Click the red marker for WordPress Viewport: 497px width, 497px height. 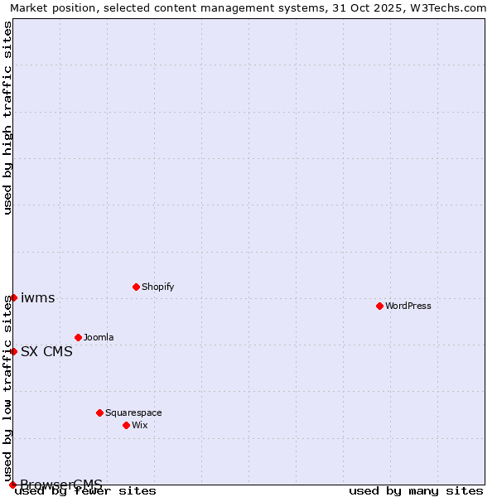(x=379, y=306)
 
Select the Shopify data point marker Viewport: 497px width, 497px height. (x=136, y=287)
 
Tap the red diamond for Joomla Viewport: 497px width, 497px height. (x=78, y=337)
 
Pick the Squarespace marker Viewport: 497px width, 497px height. (x=99, y=413)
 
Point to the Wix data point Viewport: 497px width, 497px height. (x=126, y=425)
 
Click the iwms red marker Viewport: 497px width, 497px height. (x=13, y=297)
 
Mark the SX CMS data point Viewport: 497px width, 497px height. (x=13, y=351)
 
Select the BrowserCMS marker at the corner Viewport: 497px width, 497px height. (x=12, y=485)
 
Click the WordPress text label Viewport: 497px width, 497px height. (x=408, y=306)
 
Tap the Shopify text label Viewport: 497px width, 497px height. (x=157, y=287)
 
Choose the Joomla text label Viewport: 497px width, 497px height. (x=99, y=338)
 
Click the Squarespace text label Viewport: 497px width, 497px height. (x=133, y=413)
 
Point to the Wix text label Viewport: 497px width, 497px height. (x=139, y=426)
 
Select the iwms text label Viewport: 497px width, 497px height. (x=38, y=298)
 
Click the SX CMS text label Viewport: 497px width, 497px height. (x=46, y=352)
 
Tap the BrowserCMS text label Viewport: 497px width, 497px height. (x=61, y=485)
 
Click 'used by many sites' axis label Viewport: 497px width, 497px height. (x=416, y=491)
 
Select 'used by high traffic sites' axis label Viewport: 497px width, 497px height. (x=7, y=118)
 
